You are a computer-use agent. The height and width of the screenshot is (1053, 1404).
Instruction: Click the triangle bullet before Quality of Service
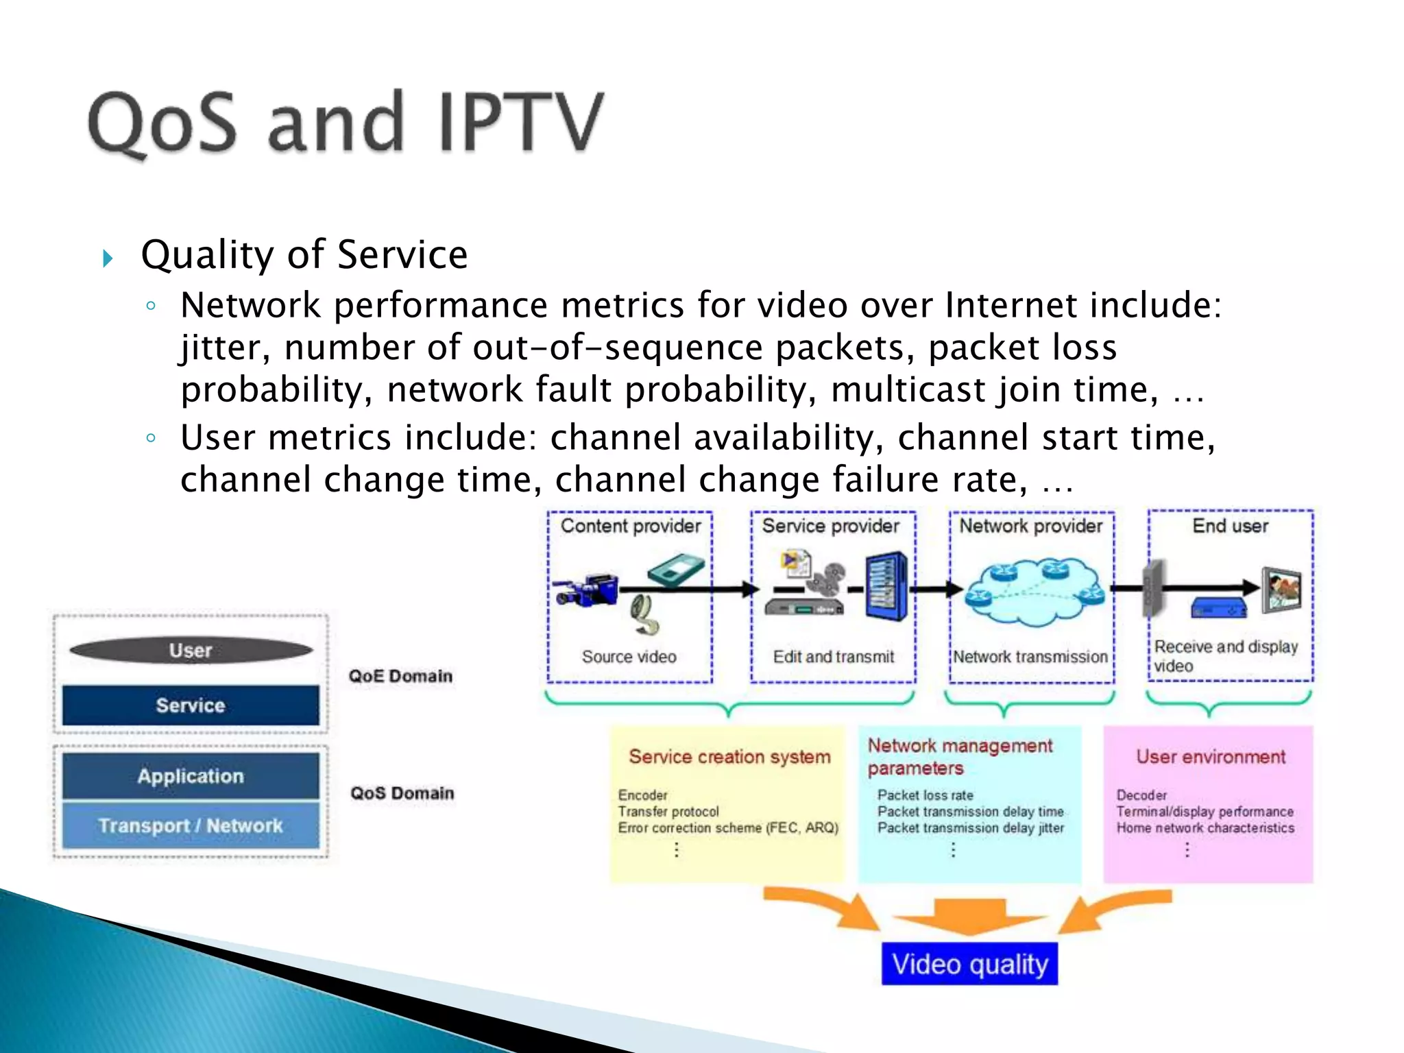click(x=108, y=258)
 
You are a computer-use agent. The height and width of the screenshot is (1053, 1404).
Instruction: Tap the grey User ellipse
click(x=191, y=650)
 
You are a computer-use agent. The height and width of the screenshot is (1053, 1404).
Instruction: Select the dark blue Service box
click(x=191, y=705)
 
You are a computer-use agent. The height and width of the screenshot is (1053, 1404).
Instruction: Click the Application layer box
click(x=191, y=775)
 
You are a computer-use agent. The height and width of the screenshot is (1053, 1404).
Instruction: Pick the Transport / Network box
click(x=191, y=825)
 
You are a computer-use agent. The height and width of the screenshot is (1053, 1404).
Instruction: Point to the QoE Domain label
click(x=400, y=676)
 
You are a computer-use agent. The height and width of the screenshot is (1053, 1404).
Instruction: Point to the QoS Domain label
click(x=402, y=793)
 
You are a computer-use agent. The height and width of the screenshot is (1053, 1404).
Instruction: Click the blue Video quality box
click(x=969, y=964)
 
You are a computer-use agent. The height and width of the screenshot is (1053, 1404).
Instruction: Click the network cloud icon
click(x=1034, y=591)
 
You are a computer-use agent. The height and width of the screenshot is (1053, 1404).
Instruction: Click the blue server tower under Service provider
click(x=886, y=587)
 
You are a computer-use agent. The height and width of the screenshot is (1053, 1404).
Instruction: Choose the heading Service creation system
click(x=729, y=757)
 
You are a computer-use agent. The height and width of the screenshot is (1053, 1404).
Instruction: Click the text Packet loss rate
click(x=925, y=795)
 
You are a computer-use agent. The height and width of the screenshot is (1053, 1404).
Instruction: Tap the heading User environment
click(x=1211, y=757)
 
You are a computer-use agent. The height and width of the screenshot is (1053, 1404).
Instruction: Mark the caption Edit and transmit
click(x=833, y=657)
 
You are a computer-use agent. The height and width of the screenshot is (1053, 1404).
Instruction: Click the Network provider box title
click(x=1030, y=526)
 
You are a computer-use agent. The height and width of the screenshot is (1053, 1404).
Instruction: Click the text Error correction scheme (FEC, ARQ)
click(x=728, y=828)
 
